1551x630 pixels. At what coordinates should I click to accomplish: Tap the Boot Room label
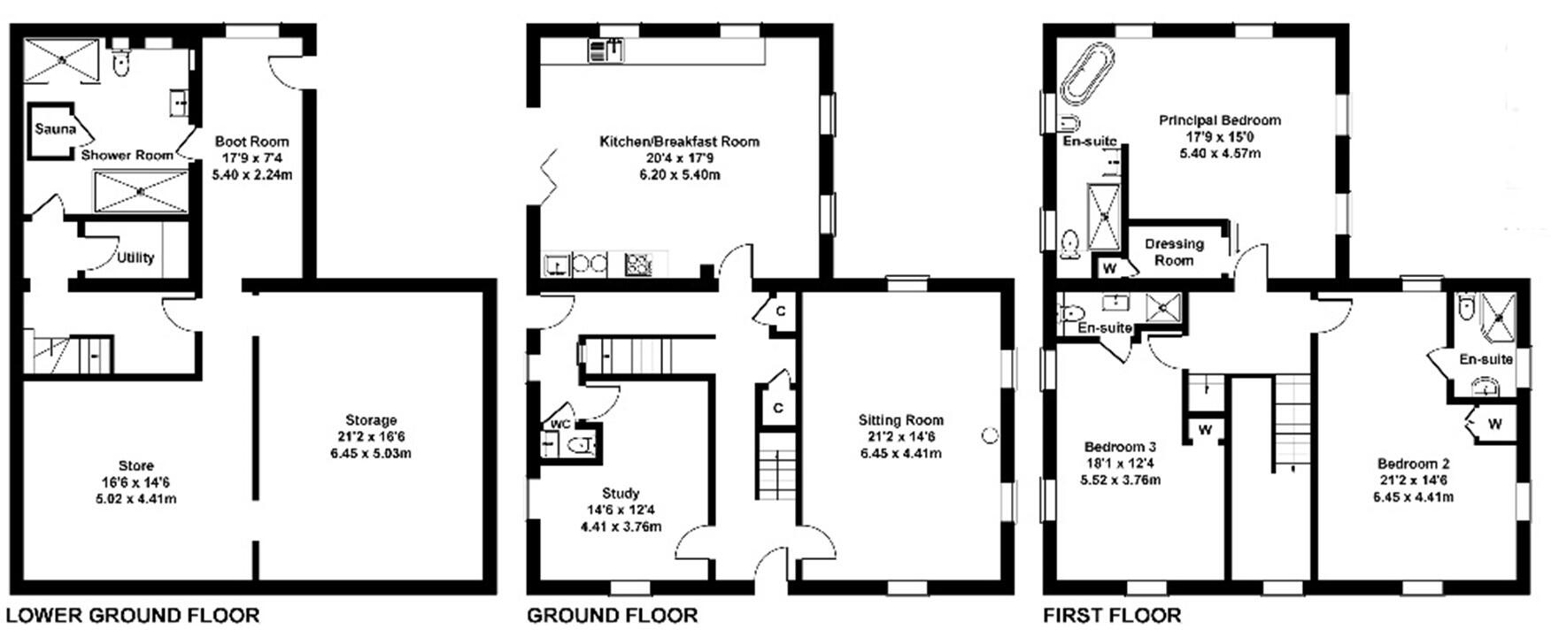pyautogui.click(x=251, y=142)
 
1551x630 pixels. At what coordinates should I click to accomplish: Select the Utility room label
pyautogui.click(x=135, y=257)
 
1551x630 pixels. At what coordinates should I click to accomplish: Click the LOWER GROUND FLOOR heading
pyautogui.click(x=133, y=615)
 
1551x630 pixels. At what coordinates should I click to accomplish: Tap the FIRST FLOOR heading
pyautogui.click(x=1112, y=615)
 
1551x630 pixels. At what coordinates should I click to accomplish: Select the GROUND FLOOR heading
pyautogui.click(x=612, y=615)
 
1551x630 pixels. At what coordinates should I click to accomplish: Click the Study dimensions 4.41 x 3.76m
pyautogui.click(x=621, y=526)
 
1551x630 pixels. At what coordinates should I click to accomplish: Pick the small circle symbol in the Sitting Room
pyautogui.click(x=990, y=434)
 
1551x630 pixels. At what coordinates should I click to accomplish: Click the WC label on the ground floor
pyautogui.click(x=559, y=423)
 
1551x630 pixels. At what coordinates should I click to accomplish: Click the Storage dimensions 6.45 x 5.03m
pyautogui.click(x=370, y=454)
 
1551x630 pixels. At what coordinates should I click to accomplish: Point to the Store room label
pyautogui.click(x=135, y=465)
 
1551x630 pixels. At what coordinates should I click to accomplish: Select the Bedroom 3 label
pyautogui.click(x=1120, y=447)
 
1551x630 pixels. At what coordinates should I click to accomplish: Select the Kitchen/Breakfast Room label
pyautogui.click(x=679, y=142)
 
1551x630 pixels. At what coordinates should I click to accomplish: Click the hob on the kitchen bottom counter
pyautogui.click(x=637, y=263)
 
